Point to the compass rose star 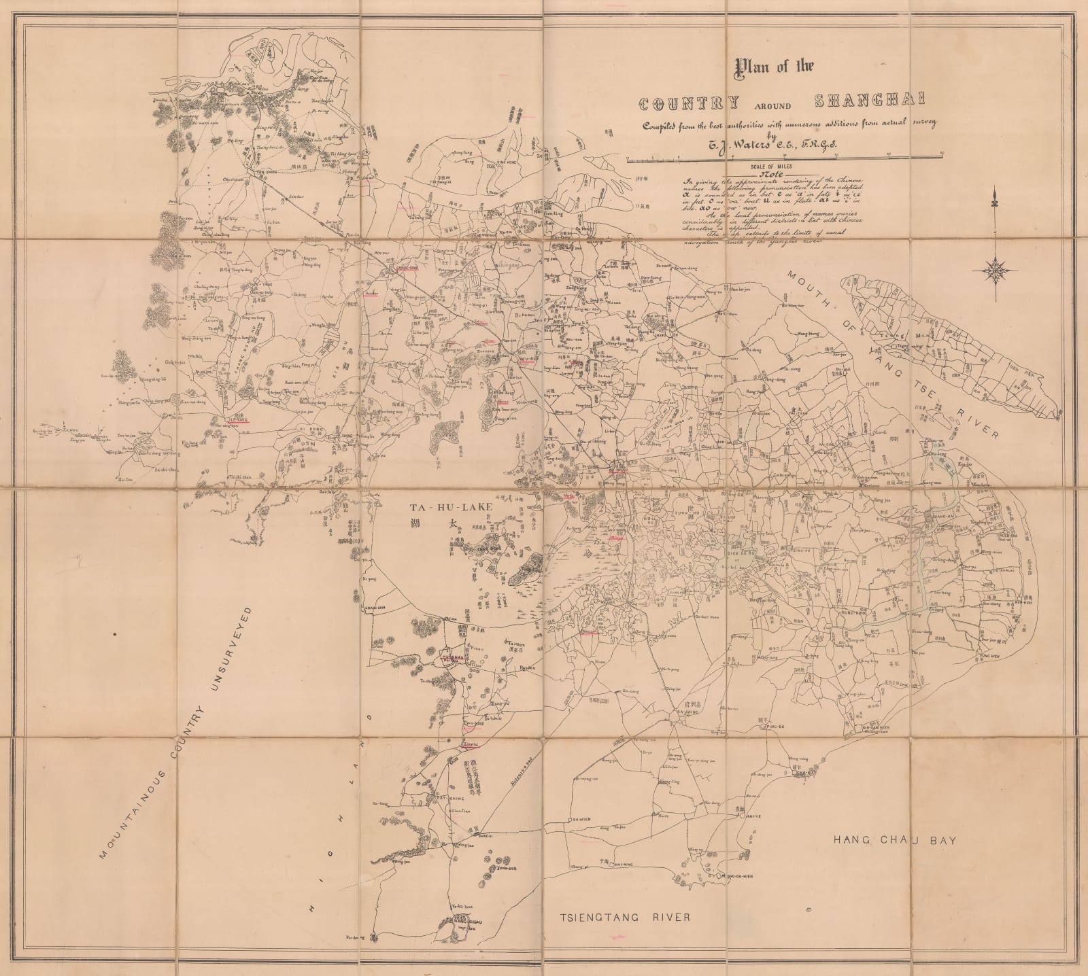[995, 271]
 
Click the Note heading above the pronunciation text [769, 174]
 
